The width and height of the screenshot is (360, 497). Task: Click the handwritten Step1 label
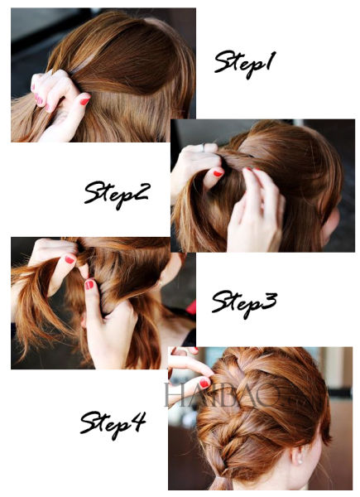pyautogui.click(x=245, y=64)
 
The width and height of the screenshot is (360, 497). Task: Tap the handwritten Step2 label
pyautogui.click(x=116, y=194)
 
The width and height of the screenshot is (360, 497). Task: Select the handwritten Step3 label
pyautogui.click(x=244, y=304)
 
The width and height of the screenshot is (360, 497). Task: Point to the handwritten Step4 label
pyautogui.click(x=113, y=424)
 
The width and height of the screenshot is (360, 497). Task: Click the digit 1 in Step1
pyautogui.click(x=269, y=61)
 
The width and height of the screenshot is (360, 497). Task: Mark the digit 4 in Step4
pyautogui.click(x=137, y=421)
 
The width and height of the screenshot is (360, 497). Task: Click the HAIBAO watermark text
pyautogui.click(x=222, y=395)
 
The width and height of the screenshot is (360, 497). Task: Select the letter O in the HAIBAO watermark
pyautogui.click(x=269, y=395)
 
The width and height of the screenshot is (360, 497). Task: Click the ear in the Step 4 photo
pyautogui.click(x=297, y=454)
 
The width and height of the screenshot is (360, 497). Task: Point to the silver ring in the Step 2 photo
pyautogui.click(x=204, y=147)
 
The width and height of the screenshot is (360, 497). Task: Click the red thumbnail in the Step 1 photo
pyautogui.click(x=84, y=101)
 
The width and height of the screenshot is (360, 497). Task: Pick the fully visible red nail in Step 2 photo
pyautogui.click(x=218, y=173)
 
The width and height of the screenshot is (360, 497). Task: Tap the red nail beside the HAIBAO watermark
pyautogui.click(x=204, y=384)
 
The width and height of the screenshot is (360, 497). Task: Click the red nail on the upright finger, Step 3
pyautogui.click(x=89, y=284)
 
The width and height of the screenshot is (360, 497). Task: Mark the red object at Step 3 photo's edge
pyautogui.click(x=191, y=307)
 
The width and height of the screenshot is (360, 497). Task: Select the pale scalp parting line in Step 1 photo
pyautogui.click(x=83, y=65)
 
